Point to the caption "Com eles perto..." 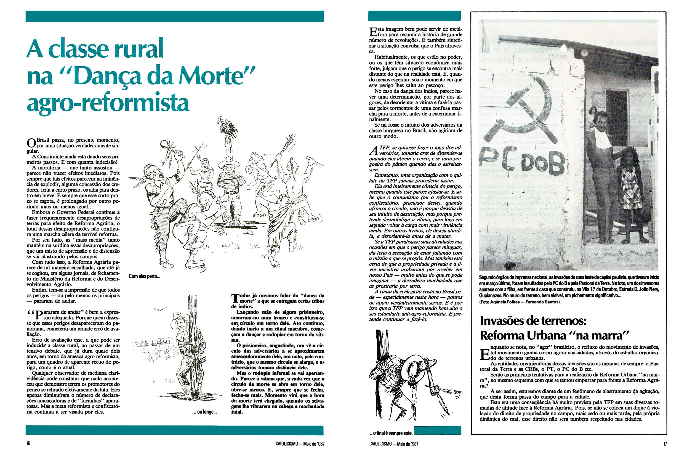[x=145, y=276]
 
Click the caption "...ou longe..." [x=205, y=412]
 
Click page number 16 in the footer [x=28, y=444]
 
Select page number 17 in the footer [x=665, y=444]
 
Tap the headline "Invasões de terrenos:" [x=533, y=321]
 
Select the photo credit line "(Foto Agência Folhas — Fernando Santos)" [x=520, y=302]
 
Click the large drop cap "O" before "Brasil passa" [x=31, y=143]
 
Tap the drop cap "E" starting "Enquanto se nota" [x=484, y=354]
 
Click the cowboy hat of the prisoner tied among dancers [x=229, y=162]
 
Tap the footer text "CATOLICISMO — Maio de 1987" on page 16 [x=300, y=444]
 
